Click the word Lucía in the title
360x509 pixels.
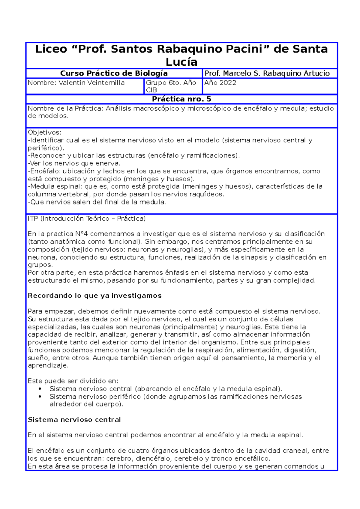(181, 62)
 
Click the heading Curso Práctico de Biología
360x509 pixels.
(114, 73)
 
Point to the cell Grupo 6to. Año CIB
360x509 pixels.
(171, 86)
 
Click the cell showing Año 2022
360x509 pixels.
(220, 83)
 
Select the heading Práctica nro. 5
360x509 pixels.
(181, 99)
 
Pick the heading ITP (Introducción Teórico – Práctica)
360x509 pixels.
(86, 219)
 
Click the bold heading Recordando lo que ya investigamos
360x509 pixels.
(94, 296)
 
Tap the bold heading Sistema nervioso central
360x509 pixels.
(74, 420)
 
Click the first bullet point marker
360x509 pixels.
(40, 389)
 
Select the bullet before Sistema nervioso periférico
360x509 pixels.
(40, 397)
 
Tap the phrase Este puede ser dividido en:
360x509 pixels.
(73, 381)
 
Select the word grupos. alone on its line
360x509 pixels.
(40, 265)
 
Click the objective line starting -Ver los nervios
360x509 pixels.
(74, 163)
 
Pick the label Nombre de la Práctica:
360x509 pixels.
(66, 109)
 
